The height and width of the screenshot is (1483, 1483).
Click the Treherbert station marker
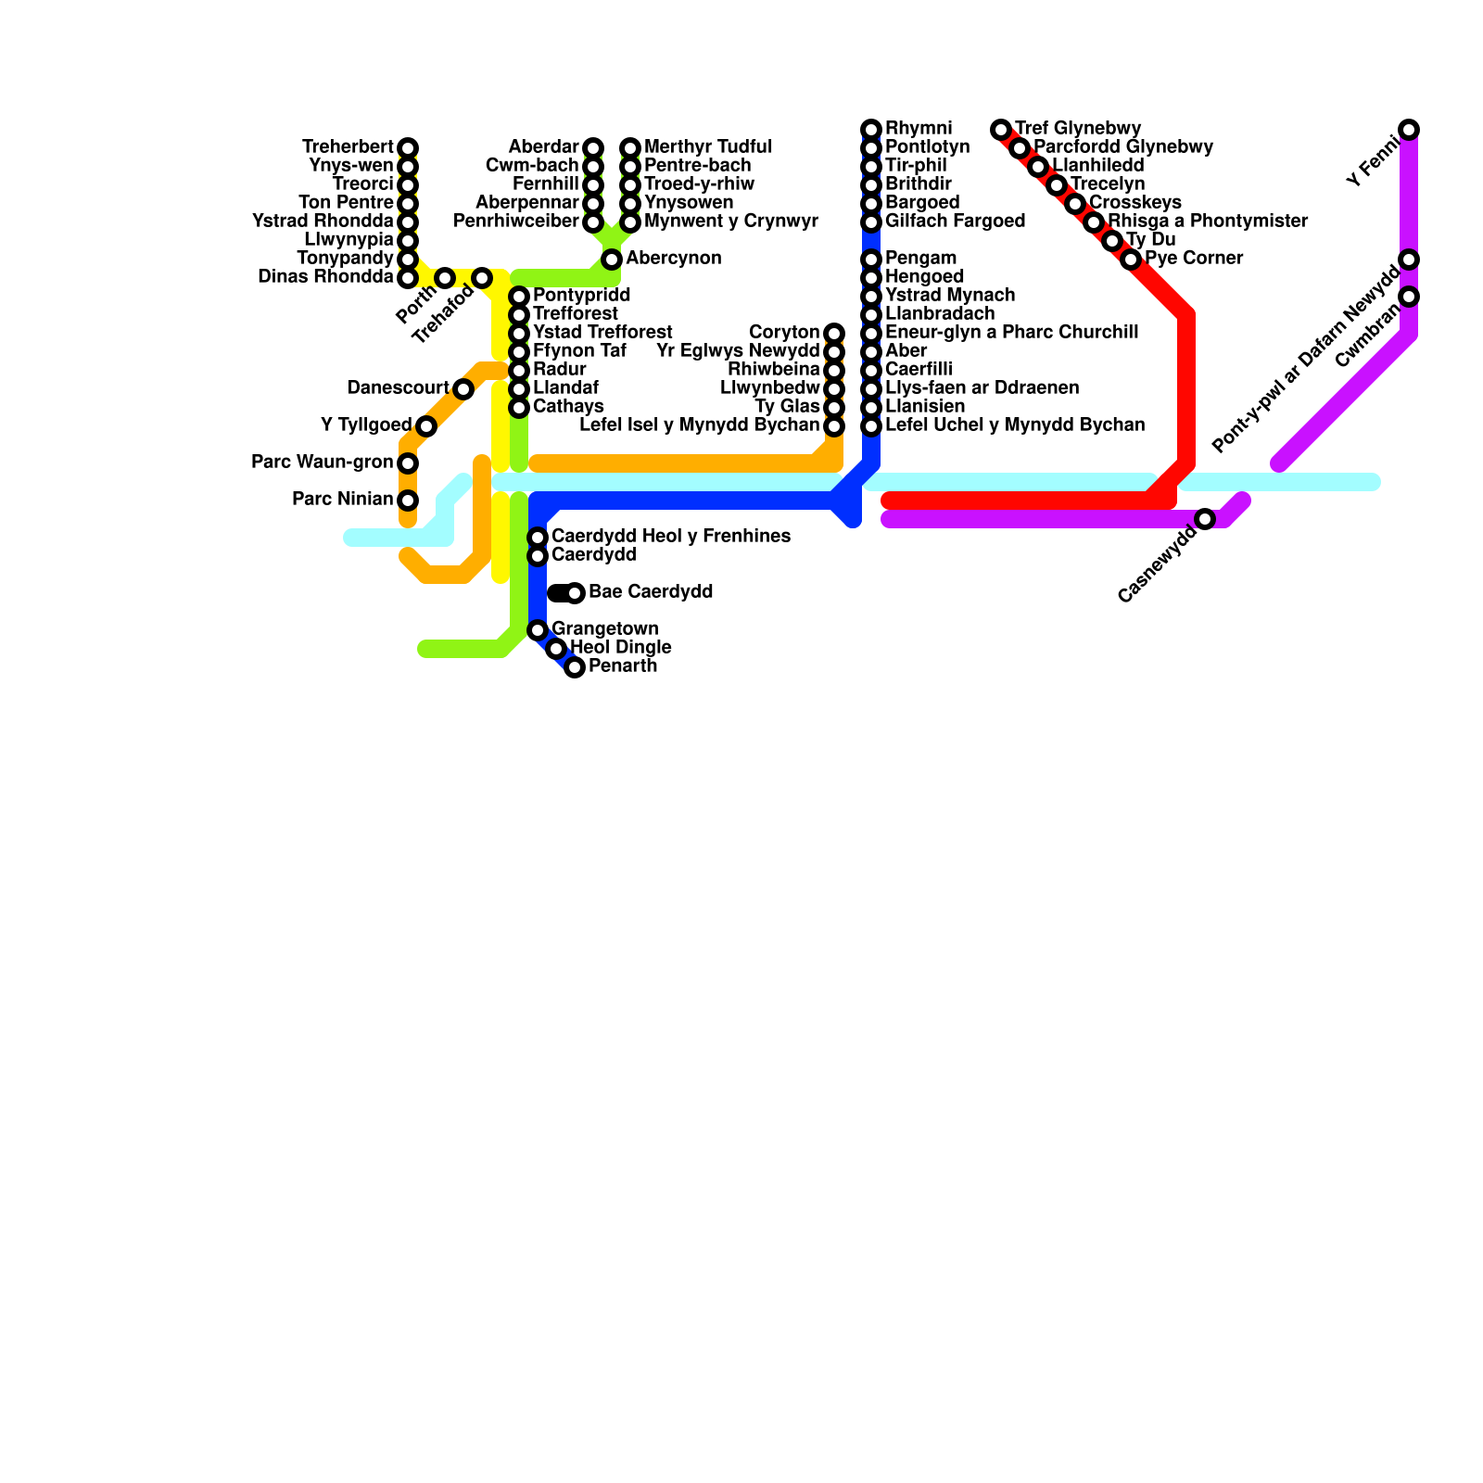click(x=408, y=148)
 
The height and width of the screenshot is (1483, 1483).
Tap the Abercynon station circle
click(x=612, y=260)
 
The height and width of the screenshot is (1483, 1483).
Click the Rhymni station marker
click(x=871, y=129)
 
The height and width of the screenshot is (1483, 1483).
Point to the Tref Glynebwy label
click(x=1078, y=128)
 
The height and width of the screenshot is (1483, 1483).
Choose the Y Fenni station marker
click(x=1409, y=130)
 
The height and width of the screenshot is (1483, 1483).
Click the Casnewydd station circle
click(x=1205, y=519)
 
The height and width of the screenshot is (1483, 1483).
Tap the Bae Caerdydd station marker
click(x=575, y=593)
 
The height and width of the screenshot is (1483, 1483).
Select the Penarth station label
click(x=623, y=666)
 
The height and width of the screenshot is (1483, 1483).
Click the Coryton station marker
click(x=834, y=334)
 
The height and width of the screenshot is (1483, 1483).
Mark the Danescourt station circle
click(x=463, y=389)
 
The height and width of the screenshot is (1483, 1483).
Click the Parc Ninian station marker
click(x=408, y=501)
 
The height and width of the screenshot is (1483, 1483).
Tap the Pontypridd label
click(x=582, y=296)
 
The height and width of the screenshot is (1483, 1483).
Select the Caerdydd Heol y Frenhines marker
click(x=538, y=538)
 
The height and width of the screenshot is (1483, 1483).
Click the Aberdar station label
click(x=543, y=147)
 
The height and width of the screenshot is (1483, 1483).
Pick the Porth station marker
click(x=445, y=278)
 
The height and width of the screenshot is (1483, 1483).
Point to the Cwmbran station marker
click(x=1409, y=297)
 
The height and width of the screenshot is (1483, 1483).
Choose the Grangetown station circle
click(x=538, y=630)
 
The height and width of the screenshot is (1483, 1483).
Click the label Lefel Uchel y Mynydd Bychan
click(x=1015, y=425)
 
